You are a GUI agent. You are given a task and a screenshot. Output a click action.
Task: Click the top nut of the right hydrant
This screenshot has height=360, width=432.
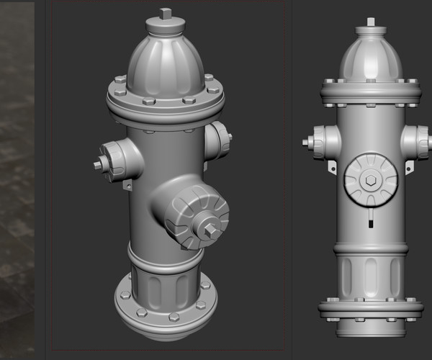372,22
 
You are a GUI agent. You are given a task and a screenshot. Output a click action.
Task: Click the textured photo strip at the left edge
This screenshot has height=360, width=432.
17,180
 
